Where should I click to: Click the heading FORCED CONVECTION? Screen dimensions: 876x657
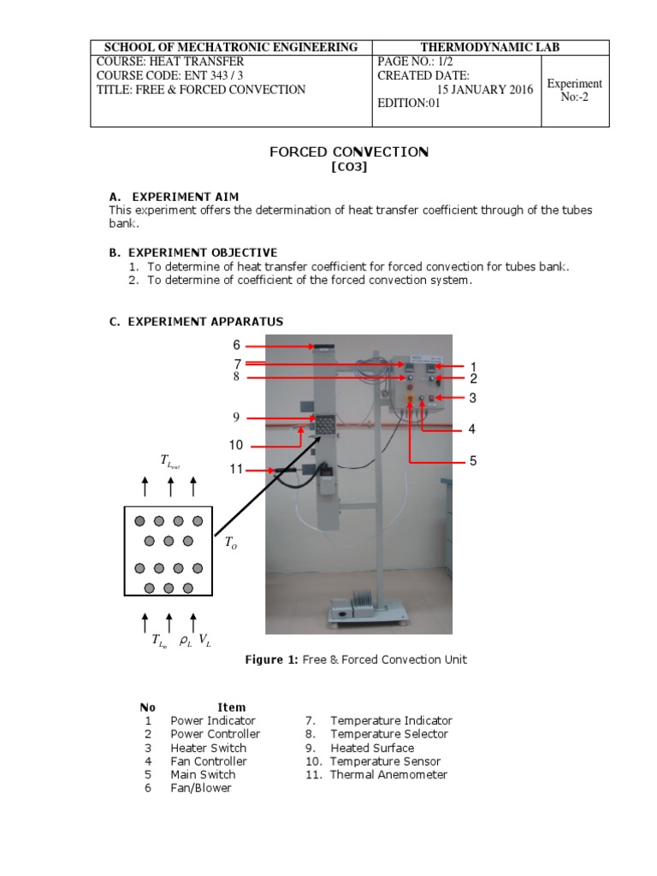pyautogui.click(x=349, y=152)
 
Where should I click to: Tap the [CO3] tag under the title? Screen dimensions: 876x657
pyautogui.click(x=349, y=169)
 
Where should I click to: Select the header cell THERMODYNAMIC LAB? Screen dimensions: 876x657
pyautogui.click(x=491, y=47)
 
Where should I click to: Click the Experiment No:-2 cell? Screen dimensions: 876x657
pyautogui.click(x=575, y=91)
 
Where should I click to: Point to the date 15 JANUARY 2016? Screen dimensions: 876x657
pyautogui.click(x=485, y=90)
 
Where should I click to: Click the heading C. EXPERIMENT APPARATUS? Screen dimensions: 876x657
pyautogui.click(x=196, y=322)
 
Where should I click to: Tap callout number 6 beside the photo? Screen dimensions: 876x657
pyautogui.click(x=237, y=346)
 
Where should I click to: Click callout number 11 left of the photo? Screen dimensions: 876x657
pyautogui.click(x=237, y=469)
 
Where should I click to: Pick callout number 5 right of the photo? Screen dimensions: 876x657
pyautogui.click(x=472, y=462)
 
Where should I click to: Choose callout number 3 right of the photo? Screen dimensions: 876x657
pyautogui.click(x=472, y=398)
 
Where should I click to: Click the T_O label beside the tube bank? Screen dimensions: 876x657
pyautogui.click(x=231, y=542)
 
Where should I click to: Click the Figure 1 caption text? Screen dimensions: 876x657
pyautogui.click(x=356, y=660)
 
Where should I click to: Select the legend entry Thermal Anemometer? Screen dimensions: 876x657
pyautogui.click(x=388, y=775)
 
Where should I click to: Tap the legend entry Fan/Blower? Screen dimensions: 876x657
pyautogui.click(x=201, y=788)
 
